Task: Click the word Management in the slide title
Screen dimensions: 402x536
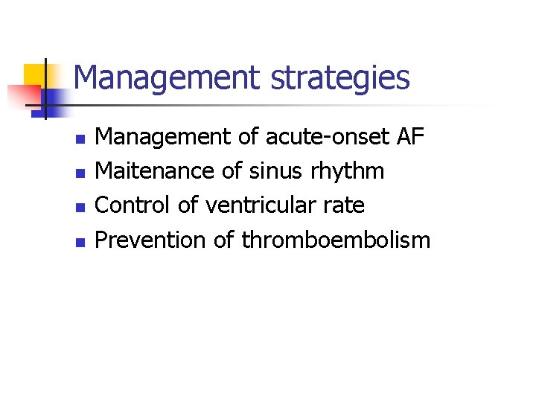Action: (x=167, y=77)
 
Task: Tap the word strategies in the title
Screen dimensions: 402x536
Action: (x=340, y=77)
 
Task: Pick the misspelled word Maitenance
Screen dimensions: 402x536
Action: (x=156, y=171)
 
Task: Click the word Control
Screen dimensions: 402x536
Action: (x=133, y=205)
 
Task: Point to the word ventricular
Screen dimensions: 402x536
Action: (x=259, y=205)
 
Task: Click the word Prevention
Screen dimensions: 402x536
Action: (x=151, y=240)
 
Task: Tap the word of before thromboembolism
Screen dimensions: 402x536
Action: (x=226, y=240)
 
